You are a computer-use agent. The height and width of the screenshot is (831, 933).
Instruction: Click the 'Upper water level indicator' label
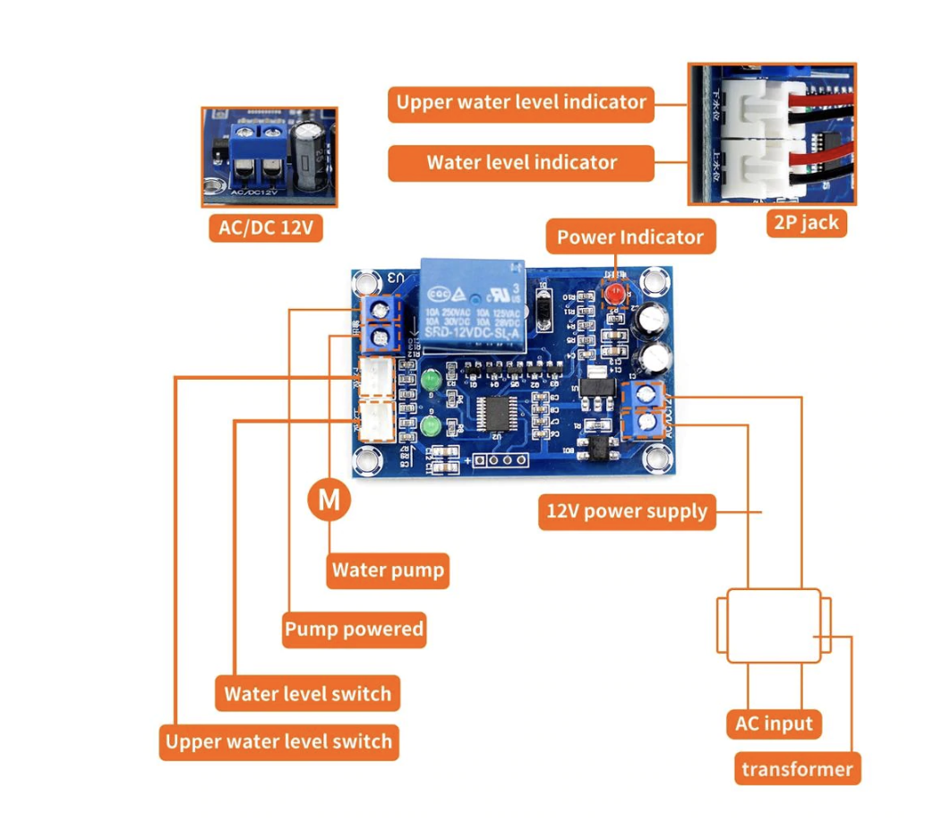pyautogui.click(x=521, y=102)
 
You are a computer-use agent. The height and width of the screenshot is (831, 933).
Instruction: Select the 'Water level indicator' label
pyautogui.click(x=521, y=163)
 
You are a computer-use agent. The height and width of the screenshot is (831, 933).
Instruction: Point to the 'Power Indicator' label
pyautogui.click(x=629, y=237)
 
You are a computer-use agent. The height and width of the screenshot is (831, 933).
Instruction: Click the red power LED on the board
pyautogui.click(x=614, y=295)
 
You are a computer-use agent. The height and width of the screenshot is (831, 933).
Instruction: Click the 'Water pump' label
pyautogui.click(x=387, y=570)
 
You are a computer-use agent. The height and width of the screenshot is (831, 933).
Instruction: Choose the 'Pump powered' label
pyautogui.click(x=354, y=630)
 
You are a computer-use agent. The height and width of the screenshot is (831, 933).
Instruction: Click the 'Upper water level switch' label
pyautogui.click(x=278, y=741)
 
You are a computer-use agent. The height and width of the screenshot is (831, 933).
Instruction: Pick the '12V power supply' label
pyautogui.click(x=627, y=511)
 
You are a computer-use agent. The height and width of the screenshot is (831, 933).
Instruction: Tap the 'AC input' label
pyautogui.click(x=774, y=724)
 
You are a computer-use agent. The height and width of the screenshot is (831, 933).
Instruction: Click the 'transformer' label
pyautogui.click(x=797, y=768)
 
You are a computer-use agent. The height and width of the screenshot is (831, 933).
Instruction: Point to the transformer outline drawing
pyautogui.click(x=774, y=625)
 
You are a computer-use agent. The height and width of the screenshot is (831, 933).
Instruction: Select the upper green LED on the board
pyautogui.click(x=430, y=382)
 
